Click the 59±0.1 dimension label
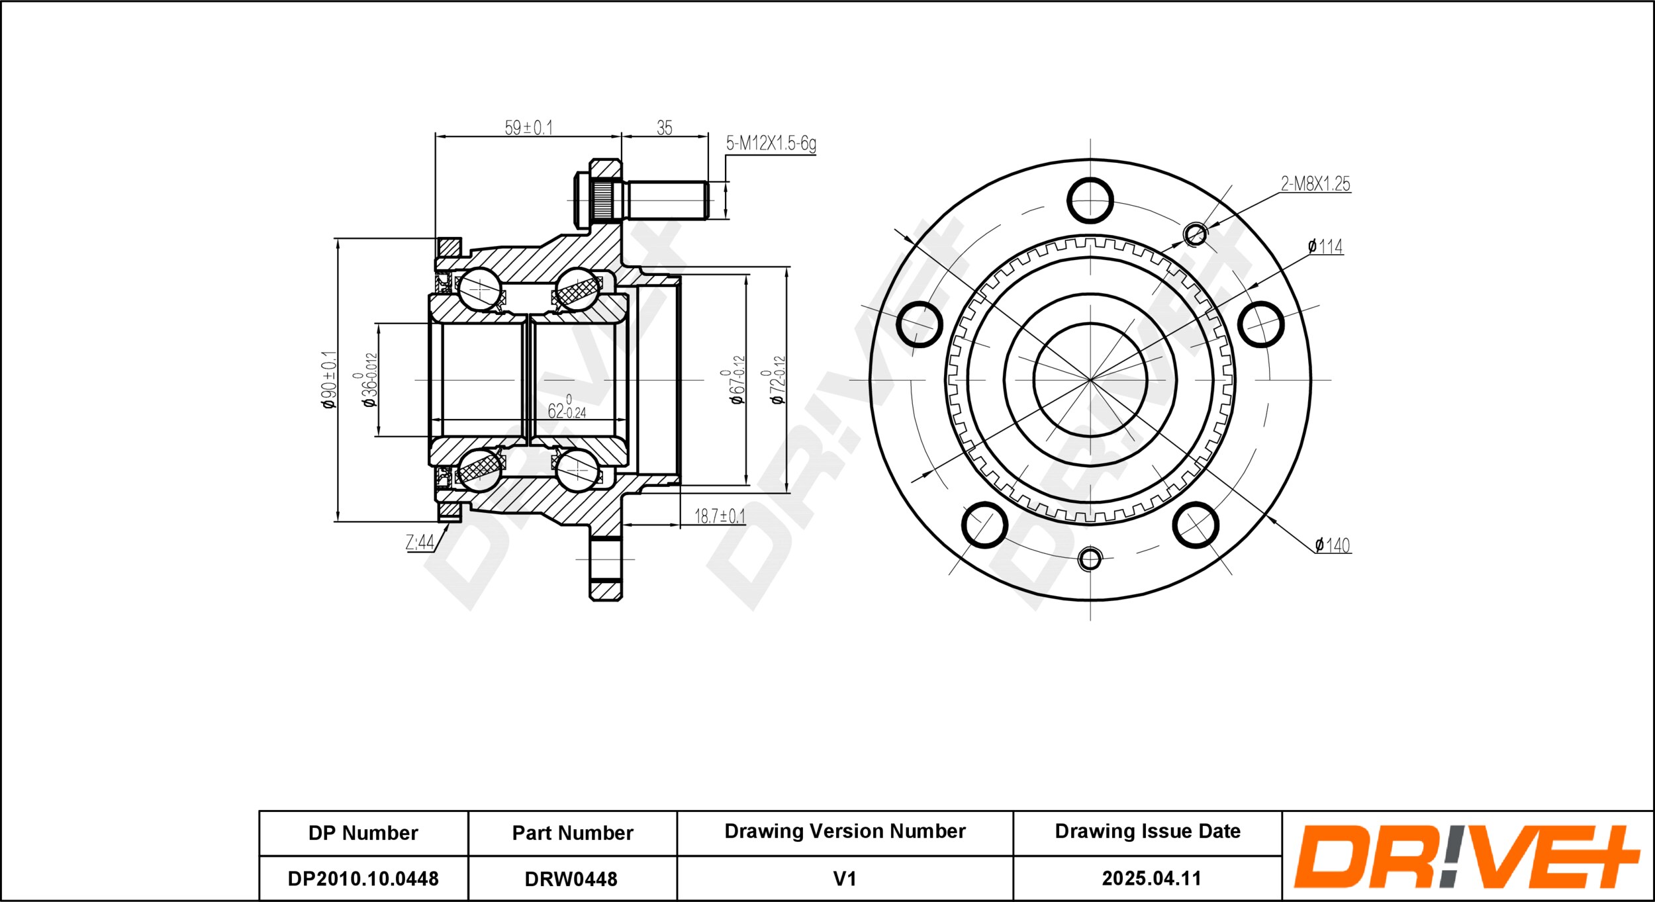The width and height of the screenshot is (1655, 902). [528, 127]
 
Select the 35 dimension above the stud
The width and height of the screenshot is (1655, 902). [664, 128]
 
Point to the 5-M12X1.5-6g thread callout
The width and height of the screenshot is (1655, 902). [771, 143]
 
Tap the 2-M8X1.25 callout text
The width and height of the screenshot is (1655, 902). [1315, 184]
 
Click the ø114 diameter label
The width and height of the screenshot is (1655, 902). [1325, 247]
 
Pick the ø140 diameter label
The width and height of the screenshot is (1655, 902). [1332, 545]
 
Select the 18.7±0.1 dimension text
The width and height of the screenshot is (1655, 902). [719, 516]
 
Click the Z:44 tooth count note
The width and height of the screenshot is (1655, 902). [420, 543]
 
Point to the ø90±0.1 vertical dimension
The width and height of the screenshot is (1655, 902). [329, 379]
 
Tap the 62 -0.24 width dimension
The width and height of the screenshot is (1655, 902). [567, 408]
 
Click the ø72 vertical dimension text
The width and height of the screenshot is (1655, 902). [777, 380]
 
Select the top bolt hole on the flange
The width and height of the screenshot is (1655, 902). [1090, 201]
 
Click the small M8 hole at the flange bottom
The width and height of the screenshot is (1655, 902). [1090, 559]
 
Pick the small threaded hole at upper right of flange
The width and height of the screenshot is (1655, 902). [1195, 234]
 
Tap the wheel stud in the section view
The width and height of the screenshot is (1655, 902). [639, 201]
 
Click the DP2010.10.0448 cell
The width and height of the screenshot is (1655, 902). [363, 878]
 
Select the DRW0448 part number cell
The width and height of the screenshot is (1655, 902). [571, 878]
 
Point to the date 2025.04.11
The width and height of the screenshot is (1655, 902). [1151, 878]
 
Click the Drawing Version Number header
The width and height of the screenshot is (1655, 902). [845, 831]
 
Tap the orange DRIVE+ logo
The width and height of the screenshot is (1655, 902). [1466, 856]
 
